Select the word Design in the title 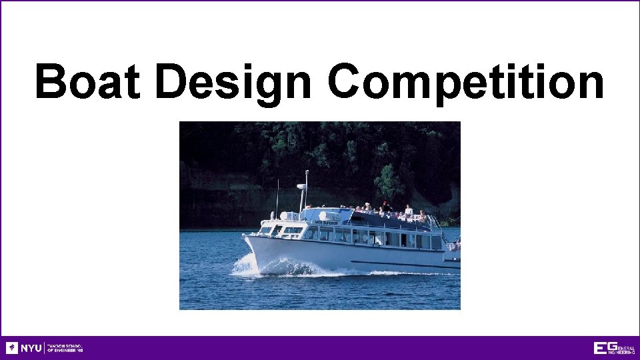point(233,83)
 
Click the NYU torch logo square point(12,348)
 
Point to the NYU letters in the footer point(31,348)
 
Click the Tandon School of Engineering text point(65,348)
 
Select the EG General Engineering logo point(614,348)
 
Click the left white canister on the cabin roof point(285,216)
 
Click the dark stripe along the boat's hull point(400,262)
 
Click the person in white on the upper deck point(408,211)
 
